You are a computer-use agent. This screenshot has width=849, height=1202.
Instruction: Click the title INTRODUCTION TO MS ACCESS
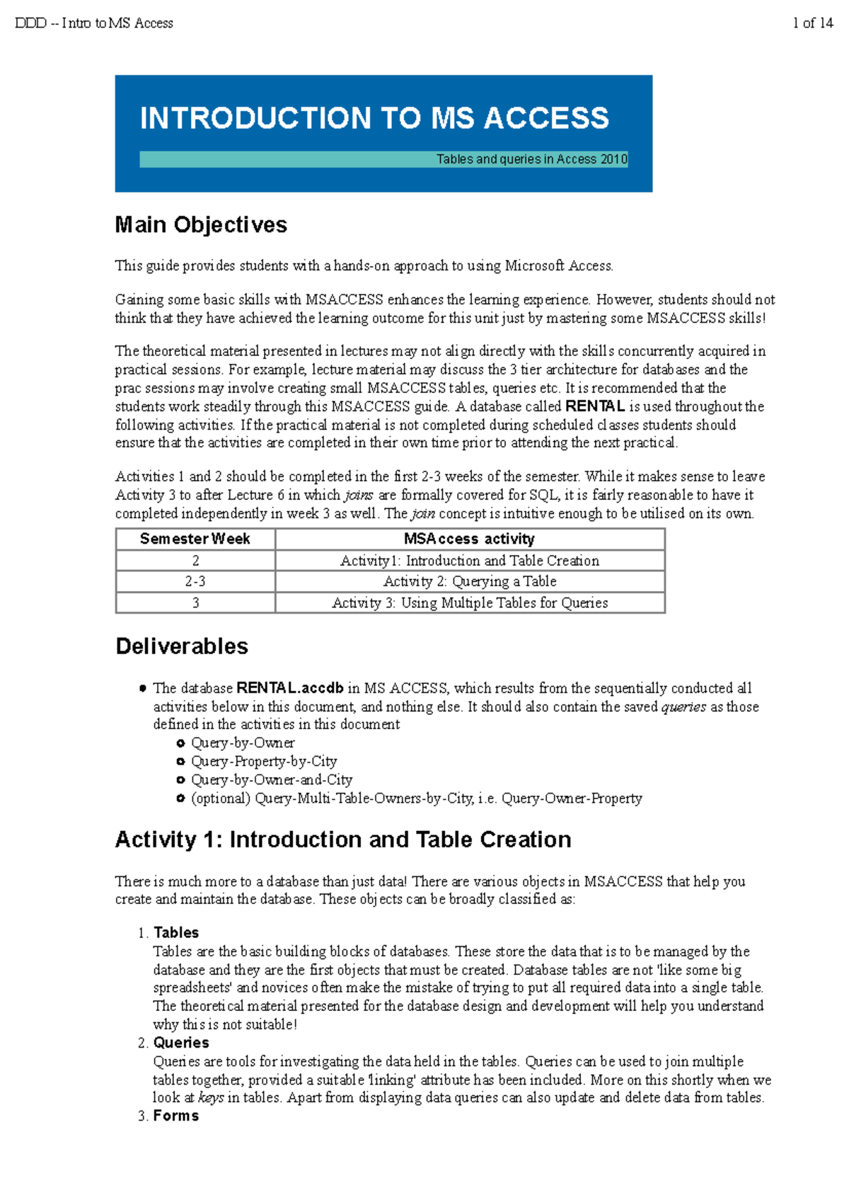click(x=374, y=118)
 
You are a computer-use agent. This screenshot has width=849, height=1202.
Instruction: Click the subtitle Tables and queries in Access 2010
click(x=531, y=159)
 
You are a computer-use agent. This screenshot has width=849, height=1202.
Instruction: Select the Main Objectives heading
click(x=201, y=225)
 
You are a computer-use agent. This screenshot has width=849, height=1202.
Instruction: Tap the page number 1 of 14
click(x=813, y=23)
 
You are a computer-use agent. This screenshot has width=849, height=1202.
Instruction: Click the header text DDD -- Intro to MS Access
click(x=94, y=23)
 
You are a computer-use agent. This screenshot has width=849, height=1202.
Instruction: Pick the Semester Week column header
click(x=195, y=539)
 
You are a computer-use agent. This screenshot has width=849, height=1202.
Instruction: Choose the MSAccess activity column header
click(x=469, y=539)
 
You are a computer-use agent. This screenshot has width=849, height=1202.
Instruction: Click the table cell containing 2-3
click(x=195, y=581)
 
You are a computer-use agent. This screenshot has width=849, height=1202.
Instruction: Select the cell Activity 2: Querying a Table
click(x=470, y=581)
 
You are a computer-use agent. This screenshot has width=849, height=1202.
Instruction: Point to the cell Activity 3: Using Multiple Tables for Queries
click(x=470, y=602)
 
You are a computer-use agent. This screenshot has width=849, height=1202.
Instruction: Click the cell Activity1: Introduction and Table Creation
click(x=470, y=561)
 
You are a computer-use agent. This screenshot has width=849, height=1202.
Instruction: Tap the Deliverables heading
click(x=182, y=646)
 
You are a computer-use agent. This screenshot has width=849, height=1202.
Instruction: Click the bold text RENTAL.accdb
click(x=290, y=688)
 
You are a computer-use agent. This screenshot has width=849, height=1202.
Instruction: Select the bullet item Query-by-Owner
click(x=243, y=743)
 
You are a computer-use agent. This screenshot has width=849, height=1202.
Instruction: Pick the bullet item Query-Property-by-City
click(x=264, y=761)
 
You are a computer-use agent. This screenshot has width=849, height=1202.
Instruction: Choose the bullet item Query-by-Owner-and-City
click(x=272, y=779)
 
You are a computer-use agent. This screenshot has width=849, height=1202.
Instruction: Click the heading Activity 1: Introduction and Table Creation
click(x=343, y=840)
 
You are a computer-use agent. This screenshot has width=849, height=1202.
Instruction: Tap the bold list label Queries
click(x=181, y=1043)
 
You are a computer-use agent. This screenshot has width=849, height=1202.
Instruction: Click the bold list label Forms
click(x=176, y=1116)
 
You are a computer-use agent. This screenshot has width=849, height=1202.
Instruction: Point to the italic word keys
click(x=211, y=1098)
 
